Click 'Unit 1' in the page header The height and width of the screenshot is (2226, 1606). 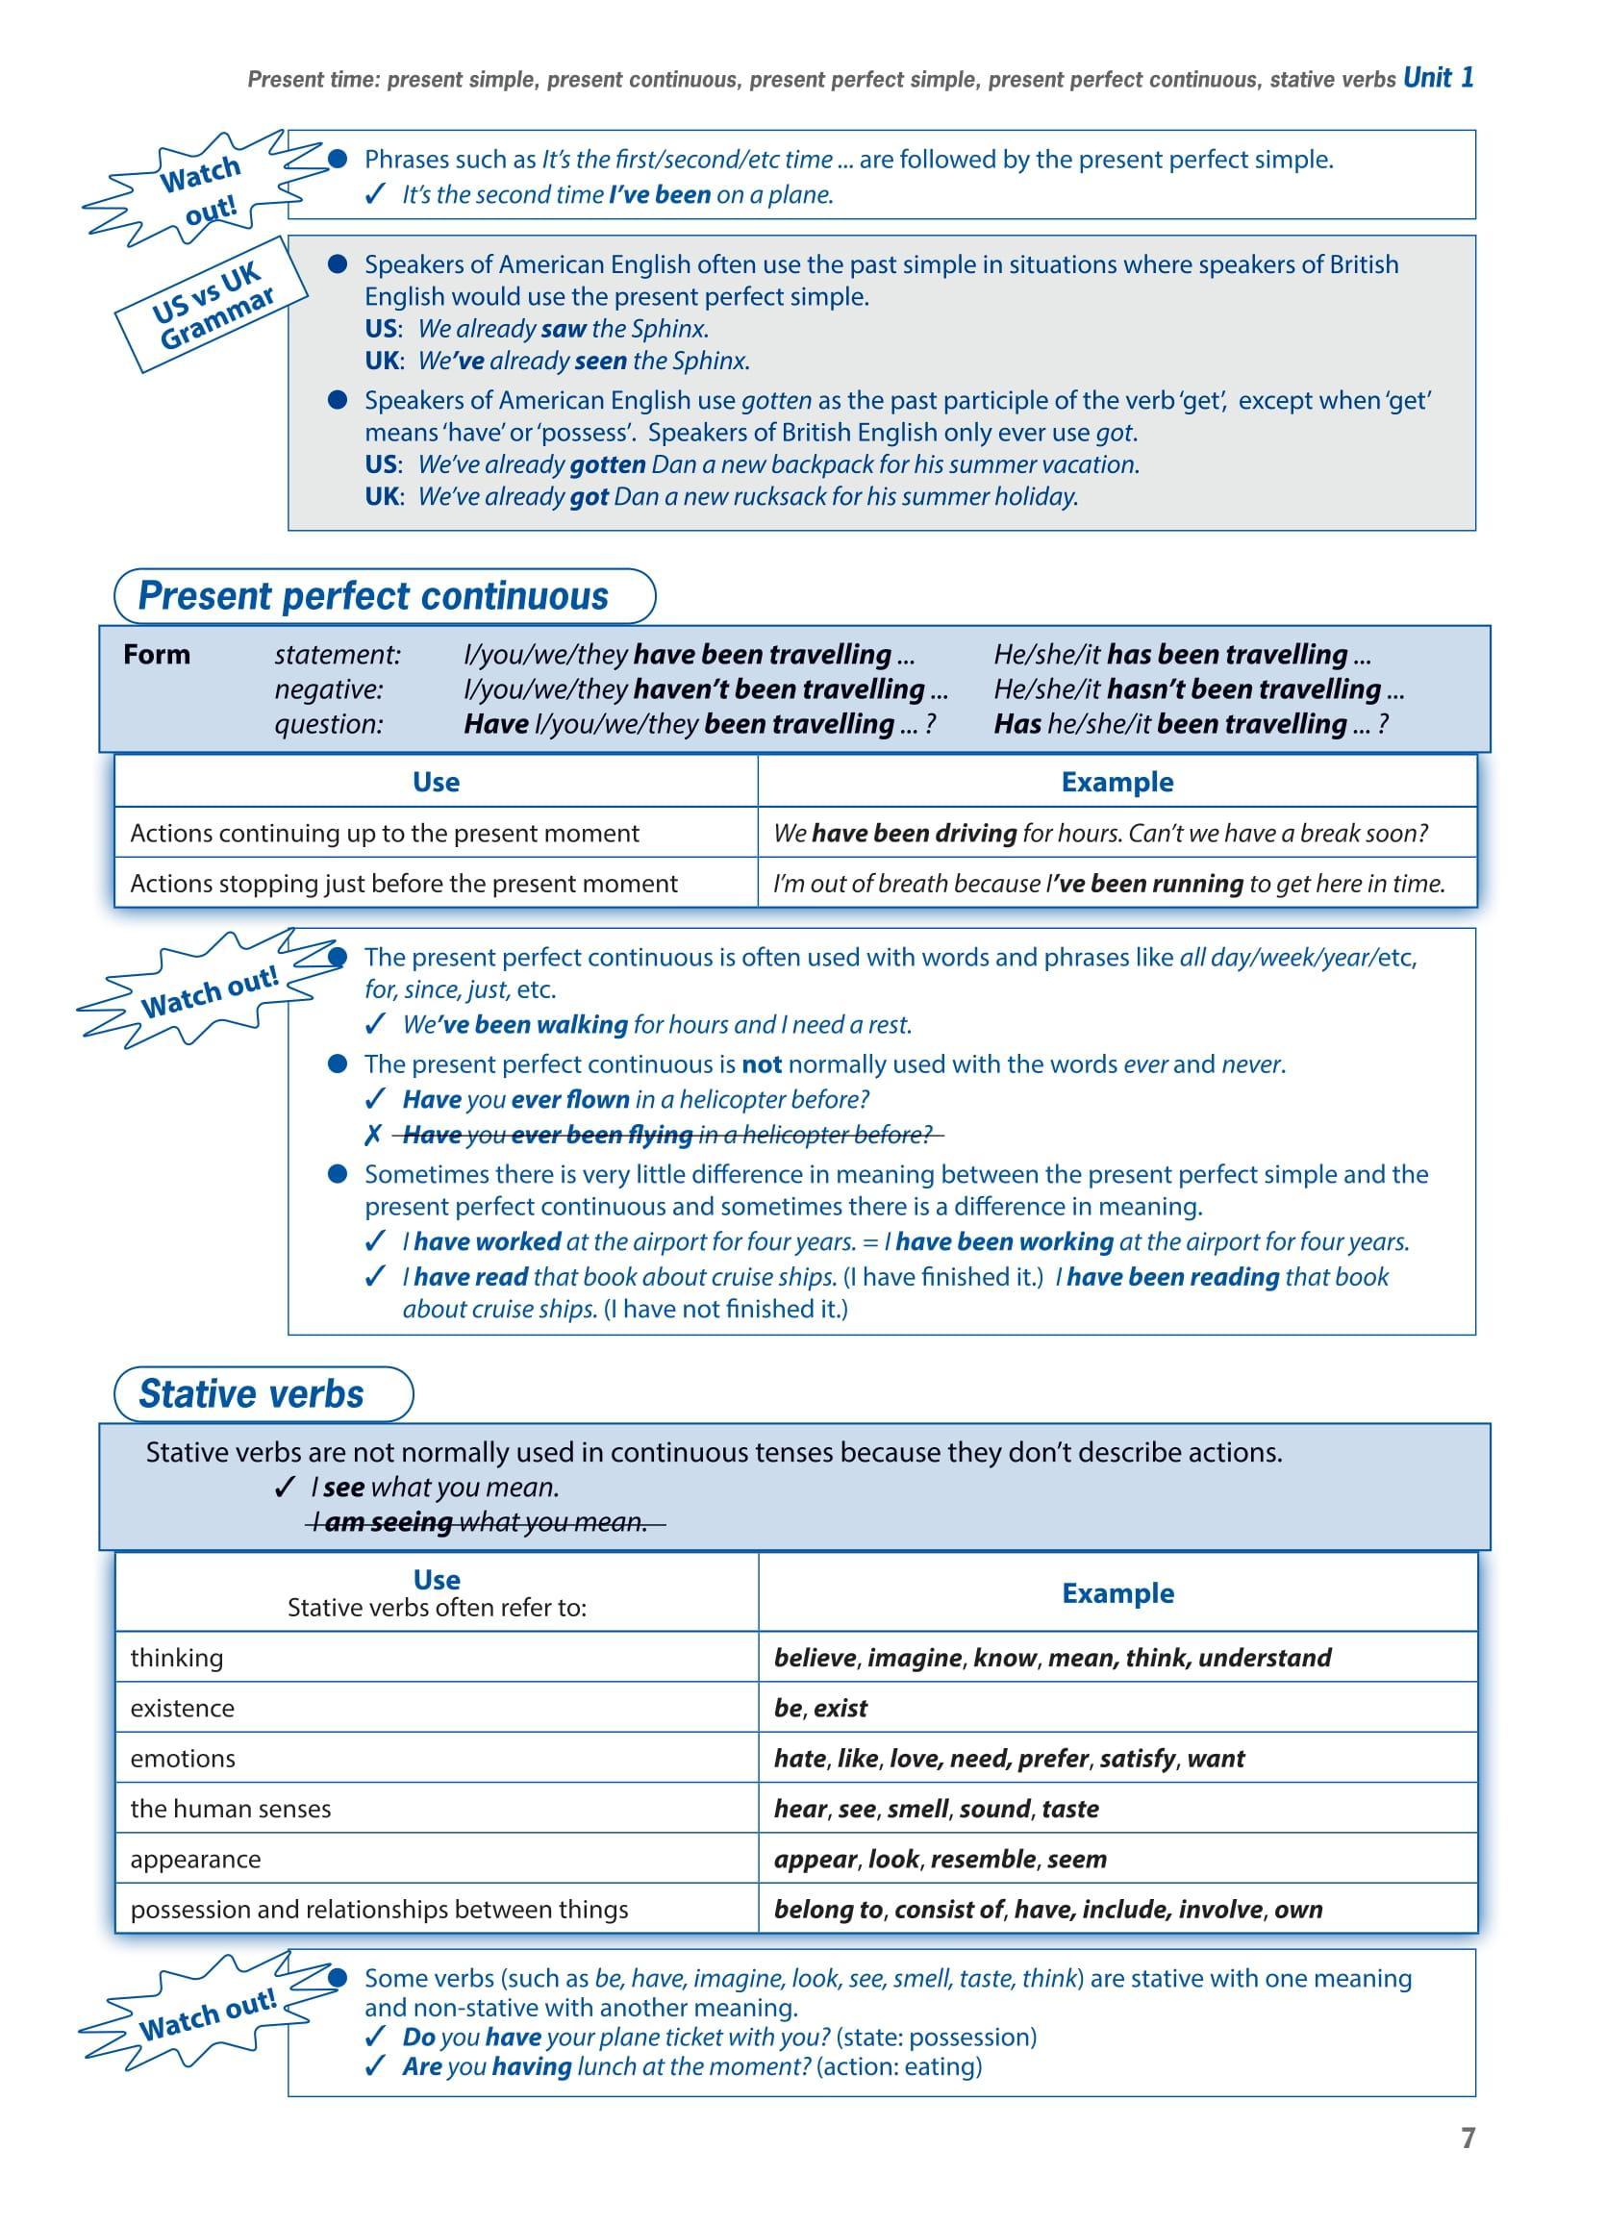click(1438, 78)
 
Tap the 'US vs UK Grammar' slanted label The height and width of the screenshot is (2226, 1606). click(211, 305)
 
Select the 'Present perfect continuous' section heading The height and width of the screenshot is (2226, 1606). click(373, 596)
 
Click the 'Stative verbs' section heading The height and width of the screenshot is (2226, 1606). click(251, 1393)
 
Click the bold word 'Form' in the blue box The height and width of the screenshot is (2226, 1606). click(156, 655)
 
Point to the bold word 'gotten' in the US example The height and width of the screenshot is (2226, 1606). click(607, 464)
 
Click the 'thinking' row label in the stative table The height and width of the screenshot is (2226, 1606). click(177, 1658)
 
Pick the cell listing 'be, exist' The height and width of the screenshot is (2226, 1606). click(819, 1708)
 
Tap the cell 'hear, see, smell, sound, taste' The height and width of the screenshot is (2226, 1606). click(936, 1809)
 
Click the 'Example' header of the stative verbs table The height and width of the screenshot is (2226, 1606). click(1117, 1593)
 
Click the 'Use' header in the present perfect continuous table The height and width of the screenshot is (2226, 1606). click(436, 783)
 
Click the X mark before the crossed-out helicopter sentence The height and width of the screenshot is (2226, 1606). click(372, 1136)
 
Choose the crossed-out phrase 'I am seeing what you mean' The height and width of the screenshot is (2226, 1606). click(485, 1522)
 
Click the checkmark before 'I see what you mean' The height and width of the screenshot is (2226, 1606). click(285, 1488)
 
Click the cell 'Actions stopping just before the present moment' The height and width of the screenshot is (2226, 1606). click(404, 884)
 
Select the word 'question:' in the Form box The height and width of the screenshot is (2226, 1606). click(328, 724)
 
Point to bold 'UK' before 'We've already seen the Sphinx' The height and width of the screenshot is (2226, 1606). click(381, 362)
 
